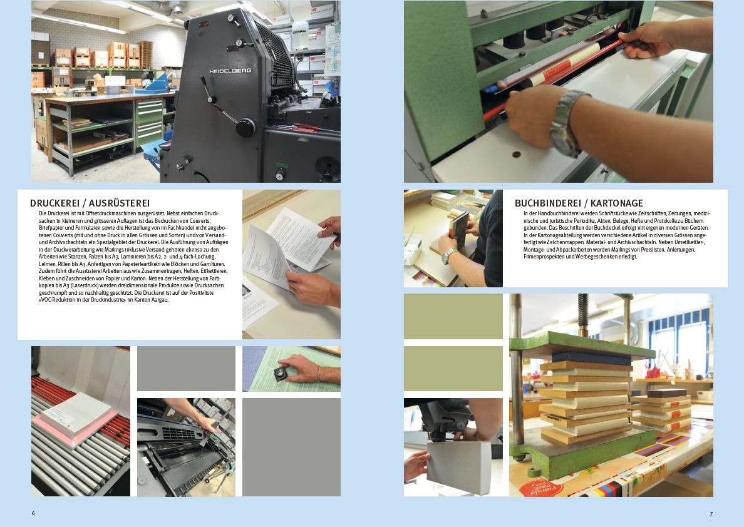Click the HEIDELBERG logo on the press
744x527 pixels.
pos(230,71)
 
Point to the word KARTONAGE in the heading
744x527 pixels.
pos(617,203)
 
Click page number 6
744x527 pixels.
pos(33,513)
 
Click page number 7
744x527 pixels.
pos(711,514)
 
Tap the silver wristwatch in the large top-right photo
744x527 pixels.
pos(567,123)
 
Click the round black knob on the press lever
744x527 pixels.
pos(245,128)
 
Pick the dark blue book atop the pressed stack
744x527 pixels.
pos(591,358)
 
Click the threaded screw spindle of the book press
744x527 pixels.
pos(583,313)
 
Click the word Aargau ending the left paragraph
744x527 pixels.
pos(160,300)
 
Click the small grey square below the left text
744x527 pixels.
pos(186,369)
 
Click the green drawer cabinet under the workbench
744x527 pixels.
pos(149,123)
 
